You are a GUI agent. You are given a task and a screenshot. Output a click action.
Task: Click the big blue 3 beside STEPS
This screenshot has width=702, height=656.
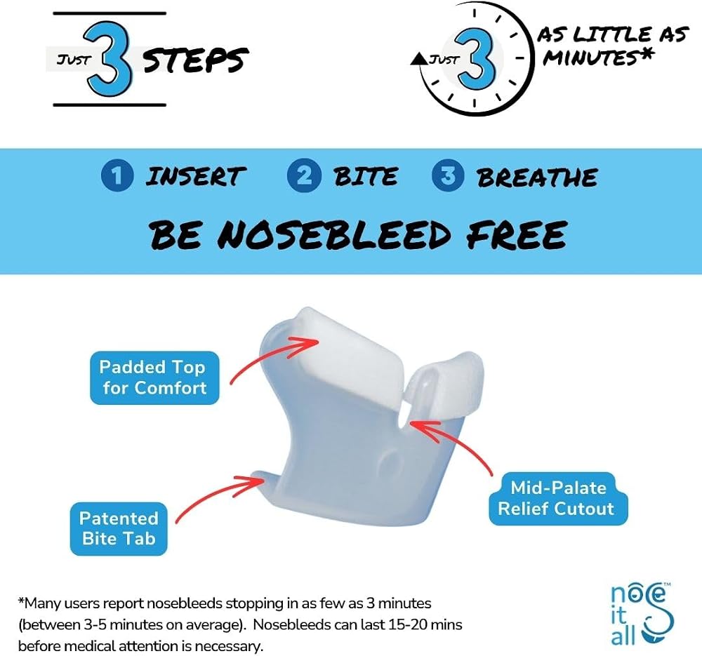(109, 59)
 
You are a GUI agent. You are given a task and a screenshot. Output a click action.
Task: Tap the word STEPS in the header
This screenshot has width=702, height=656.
(196, 60)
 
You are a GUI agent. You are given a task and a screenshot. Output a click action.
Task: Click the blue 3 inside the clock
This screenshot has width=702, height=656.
(475, 58)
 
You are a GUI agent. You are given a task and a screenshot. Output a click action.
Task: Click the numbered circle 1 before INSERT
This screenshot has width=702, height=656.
(117, 175)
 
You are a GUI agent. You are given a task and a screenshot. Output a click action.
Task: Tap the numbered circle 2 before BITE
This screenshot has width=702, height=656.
(304, 175)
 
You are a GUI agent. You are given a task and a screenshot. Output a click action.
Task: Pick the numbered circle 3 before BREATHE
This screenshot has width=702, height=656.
(448, 175)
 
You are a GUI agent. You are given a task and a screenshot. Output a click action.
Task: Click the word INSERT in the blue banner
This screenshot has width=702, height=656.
(196, 176)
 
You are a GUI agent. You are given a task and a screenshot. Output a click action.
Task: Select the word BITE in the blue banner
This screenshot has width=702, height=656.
(365, 176)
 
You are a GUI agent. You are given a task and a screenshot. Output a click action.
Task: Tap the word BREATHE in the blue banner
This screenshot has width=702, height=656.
(536, 178)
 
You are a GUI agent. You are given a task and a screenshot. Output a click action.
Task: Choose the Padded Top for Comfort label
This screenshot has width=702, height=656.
(154, 377)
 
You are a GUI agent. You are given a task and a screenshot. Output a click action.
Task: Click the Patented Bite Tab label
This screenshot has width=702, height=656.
(119, 528)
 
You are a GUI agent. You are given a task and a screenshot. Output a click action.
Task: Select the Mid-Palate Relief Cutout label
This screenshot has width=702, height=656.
(558, 498)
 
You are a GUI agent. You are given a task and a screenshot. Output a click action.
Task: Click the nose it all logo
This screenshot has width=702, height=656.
(642, 614)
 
